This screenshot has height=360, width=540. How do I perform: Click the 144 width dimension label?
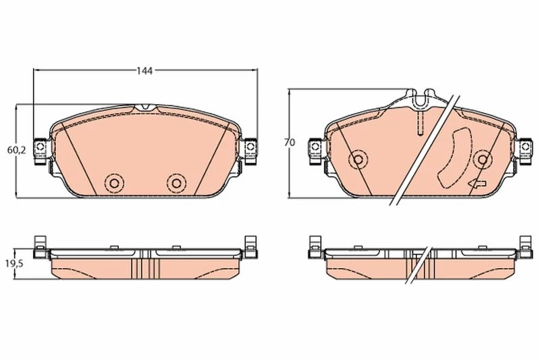(144, 71)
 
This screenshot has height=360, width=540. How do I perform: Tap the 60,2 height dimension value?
(17, 150)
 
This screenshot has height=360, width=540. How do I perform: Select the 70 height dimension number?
(290, 143)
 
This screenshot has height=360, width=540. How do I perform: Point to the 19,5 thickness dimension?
(14, 264)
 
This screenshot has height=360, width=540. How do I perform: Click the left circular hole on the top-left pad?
(114, 183)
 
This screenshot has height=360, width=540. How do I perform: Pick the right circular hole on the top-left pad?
(176, 183)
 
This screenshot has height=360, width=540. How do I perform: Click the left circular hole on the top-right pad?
(358, 159)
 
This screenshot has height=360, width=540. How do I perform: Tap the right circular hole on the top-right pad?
(483, 159)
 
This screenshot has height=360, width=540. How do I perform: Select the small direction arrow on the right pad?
(477, 184)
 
